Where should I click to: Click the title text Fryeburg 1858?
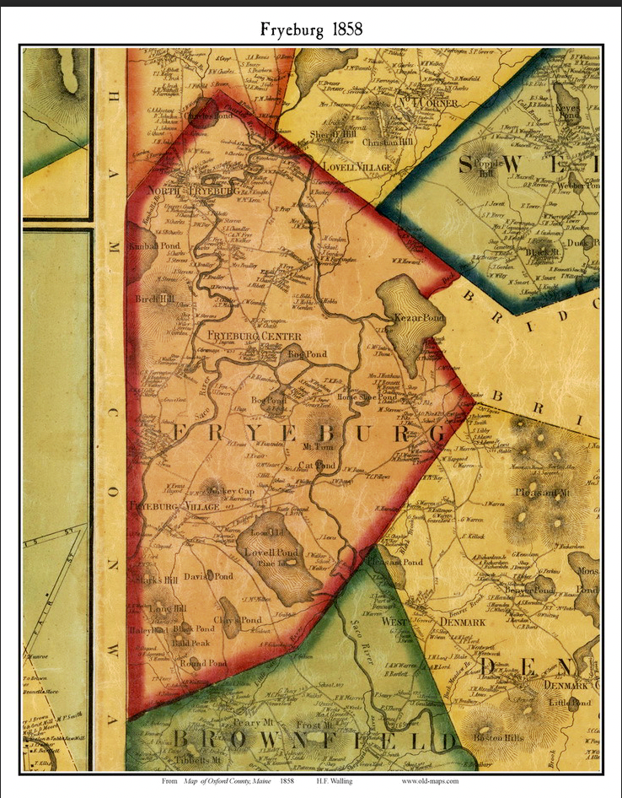pyautogui.click(x=311, y=30)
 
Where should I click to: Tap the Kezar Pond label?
pyautogui.click(x=406, y=318)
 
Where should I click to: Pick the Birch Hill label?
pyautogui.click(x=154, y=299)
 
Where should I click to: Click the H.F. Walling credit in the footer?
pyautogui.click(x=346, y=782)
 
